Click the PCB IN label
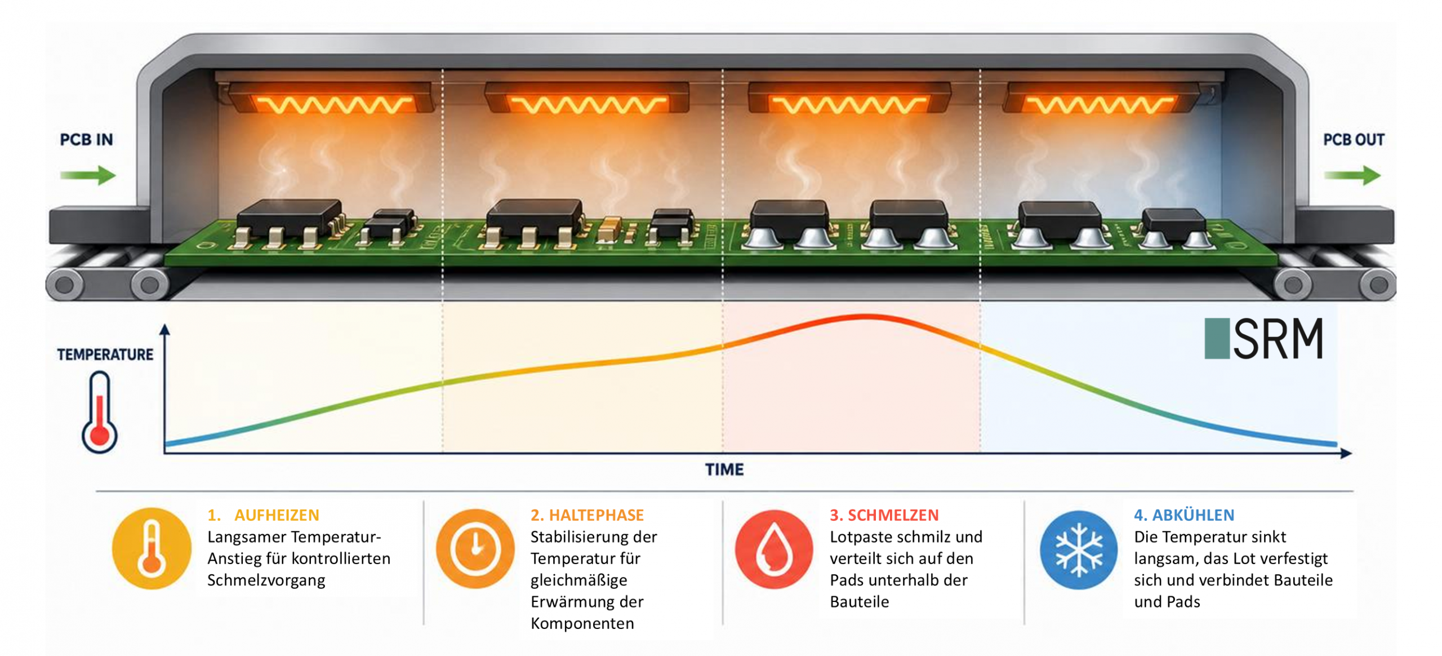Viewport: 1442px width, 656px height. click(x=86, y=139)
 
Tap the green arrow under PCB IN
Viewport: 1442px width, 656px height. click(x=88, y=175)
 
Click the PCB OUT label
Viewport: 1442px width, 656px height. click(x=1353, y=139)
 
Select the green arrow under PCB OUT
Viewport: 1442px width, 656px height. click(x=1352, y=175)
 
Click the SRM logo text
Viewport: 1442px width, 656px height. click(x=1278, y=339)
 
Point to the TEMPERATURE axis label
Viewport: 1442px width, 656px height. click(x=105, y=354)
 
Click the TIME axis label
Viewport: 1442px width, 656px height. click(x=724, y=469)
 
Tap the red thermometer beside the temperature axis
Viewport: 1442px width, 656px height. click(x=100, y=412)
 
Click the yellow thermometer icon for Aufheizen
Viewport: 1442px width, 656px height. click(x=152, y=548)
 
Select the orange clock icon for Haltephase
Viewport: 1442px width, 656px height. click(x=475, y=548)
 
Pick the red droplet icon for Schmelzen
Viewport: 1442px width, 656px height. click(x=774, y=549)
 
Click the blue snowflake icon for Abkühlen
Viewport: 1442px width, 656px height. click(x=1079, y=549)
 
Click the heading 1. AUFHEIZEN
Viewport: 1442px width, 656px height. click(x=263, y=515)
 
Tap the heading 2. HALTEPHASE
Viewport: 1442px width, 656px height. click(x=587, y=515)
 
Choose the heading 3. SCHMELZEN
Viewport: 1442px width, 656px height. click(x=884, y=515)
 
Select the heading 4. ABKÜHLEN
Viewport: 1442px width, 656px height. click(x=1184, y=515)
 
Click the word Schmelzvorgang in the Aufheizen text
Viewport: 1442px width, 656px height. click(x=266, y=580)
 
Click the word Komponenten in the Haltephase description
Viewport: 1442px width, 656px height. click(x=582, y=624)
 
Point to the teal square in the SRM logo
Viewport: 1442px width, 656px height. click(x=1217, y=339)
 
